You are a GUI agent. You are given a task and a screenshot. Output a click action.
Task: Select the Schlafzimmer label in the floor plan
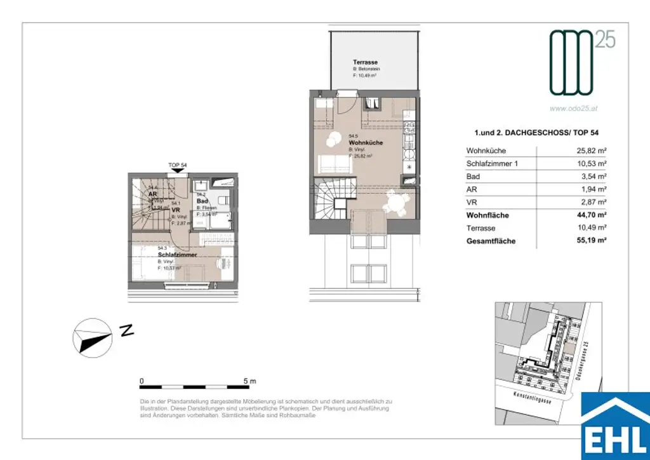point(177,254)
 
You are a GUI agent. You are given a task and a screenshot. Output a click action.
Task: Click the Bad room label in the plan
point(201,201)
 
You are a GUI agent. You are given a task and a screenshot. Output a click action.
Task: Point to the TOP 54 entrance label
point(177,165)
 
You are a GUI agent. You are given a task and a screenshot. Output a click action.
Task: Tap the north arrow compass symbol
point(91,338)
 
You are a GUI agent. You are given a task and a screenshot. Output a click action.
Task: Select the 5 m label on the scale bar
point(249,381)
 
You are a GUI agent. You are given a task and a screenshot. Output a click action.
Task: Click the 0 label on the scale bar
point(142,381)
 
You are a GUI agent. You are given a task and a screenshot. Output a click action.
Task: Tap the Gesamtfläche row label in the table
point(491,241)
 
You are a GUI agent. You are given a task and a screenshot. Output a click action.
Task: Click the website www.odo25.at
point(574,109)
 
